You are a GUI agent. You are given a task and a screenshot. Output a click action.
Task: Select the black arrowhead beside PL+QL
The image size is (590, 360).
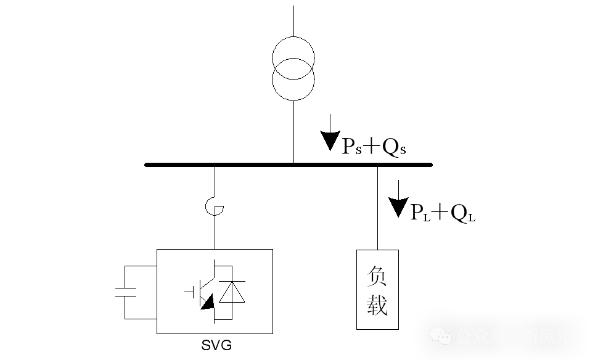point(399,207)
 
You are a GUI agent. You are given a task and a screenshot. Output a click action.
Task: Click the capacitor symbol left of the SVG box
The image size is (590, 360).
point(126,292)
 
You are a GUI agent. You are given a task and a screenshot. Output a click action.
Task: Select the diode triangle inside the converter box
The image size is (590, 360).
point(232,292)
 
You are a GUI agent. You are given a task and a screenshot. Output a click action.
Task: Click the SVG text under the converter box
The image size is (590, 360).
point(216,345)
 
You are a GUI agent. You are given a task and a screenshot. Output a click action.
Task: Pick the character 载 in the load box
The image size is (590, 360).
point(377,305)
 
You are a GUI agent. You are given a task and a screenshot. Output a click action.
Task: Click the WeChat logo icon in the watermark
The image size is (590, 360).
point(441,337)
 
